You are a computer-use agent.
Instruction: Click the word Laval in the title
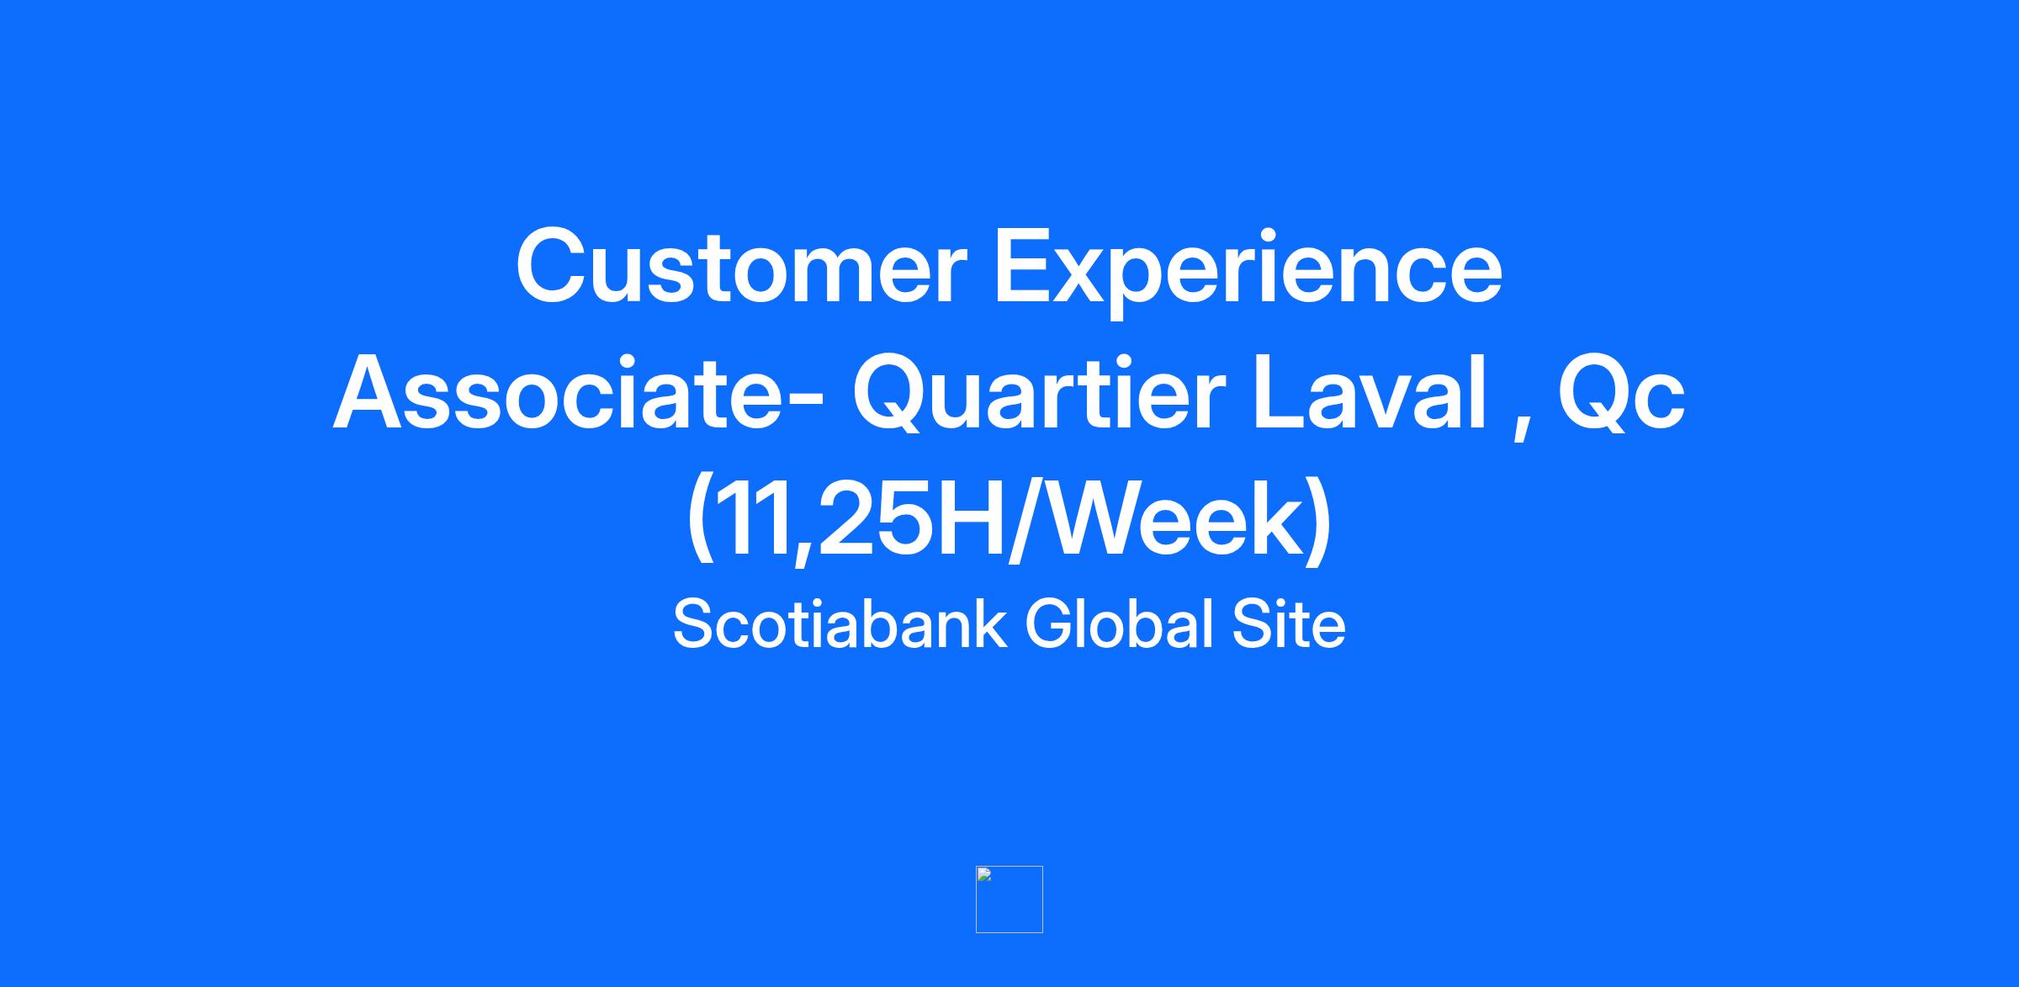click(x=1370, y=391)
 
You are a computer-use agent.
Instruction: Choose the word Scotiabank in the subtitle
click(x=840, y=624)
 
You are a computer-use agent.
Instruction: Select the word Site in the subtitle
click(x=1289, y=624)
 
